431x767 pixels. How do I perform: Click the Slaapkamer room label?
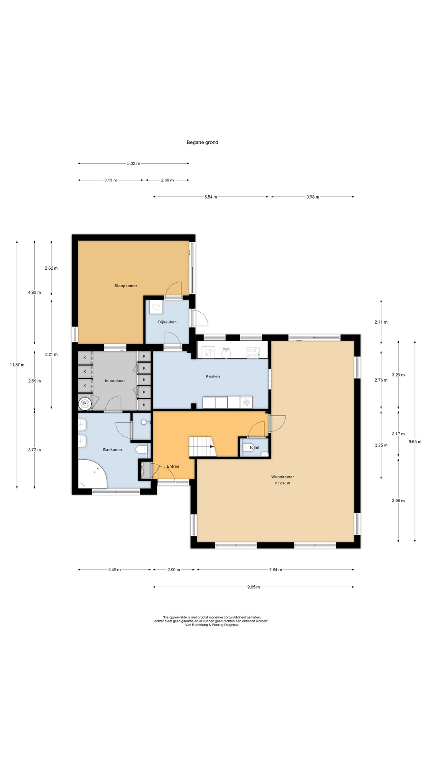[x=126, y=286]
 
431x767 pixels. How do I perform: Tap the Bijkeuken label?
[x=167, y=322]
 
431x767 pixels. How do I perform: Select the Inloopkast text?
[x=115, y=381]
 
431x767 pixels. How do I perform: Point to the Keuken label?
[x=213, y=376]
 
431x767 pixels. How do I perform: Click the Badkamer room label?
[x=113, y=450]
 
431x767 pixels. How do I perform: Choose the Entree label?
[x=173, y=467]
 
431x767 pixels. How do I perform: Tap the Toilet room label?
[x=254, y=447]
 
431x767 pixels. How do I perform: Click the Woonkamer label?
[x=283, y=477]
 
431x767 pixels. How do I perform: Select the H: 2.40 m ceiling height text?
[x=282, y=483]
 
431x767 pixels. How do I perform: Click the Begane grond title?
[x=202, y=142]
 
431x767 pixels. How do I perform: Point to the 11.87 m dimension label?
[x=17, y=365]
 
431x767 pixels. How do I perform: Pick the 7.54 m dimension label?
[x=275, y=570]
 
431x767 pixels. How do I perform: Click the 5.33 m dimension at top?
[x=134, y=163]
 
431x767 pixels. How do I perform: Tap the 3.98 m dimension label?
[x=312, y=197]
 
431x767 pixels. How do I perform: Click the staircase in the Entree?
[x=202, y=447]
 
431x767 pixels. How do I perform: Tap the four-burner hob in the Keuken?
[x=253, y=353]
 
